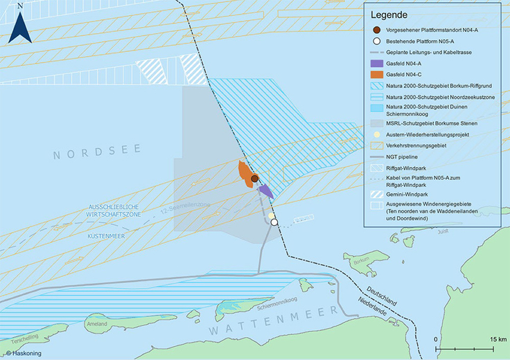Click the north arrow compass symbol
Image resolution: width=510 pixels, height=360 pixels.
coord(21,24)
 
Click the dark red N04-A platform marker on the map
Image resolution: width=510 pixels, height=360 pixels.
coord(254,179)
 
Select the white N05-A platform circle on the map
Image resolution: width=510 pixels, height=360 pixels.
coord(274,222)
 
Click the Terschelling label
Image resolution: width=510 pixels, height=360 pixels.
coord(19,338)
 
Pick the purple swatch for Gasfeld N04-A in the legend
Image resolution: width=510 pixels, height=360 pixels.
coord(376,61)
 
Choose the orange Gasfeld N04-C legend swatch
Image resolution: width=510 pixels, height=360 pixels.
coord(376,73)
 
